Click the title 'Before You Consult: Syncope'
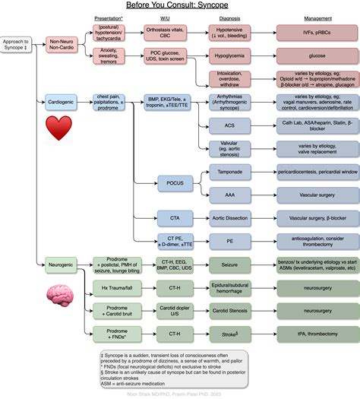180,6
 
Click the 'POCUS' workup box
175,182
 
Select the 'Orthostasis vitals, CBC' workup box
175,31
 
